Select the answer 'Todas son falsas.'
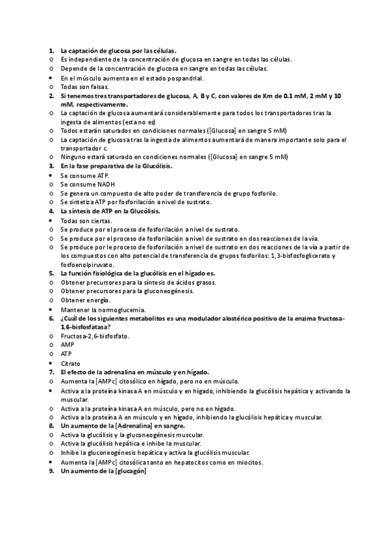point(84,86)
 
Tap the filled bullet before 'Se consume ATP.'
point(51,175)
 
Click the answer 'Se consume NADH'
point(84,185)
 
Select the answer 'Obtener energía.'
point(85,300)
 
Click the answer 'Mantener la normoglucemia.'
point(103,309)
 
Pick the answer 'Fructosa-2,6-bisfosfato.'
point(95,336)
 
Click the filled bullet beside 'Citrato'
point(51,363)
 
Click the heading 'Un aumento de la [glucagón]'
point(103,471)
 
